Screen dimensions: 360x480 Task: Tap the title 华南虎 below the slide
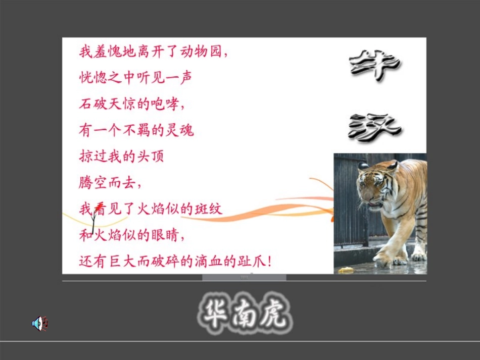click(243, 312)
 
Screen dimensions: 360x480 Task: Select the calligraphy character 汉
click(375, 126)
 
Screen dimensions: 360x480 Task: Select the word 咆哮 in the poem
click(165, 104)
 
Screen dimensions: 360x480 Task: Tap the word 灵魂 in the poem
click(179, 131)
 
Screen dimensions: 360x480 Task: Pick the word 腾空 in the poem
click(93, 183)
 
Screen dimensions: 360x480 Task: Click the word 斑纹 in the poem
click(208, 209)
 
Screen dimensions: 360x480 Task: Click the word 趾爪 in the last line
click(252, 261)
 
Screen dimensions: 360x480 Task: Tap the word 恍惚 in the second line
click(93, 78)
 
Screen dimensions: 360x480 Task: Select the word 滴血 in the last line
click(209, 261)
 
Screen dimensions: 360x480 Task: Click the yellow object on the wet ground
click(346, 270)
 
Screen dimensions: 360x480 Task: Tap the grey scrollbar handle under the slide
click(244, 277)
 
